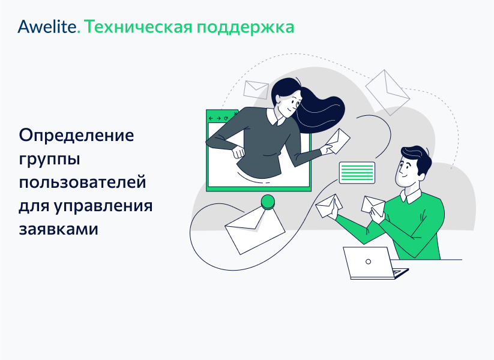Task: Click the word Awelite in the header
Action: pos(47,27)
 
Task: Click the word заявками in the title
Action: pos(58,229)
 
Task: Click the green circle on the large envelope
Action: pos(268,202)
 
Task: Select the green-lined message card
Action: pos(357,172)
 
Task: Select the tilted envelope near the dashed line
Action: pos(387,88)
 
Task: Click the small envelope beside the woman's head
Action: pos(256,89)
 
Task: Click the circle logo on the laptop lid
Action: pos(368,261)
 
